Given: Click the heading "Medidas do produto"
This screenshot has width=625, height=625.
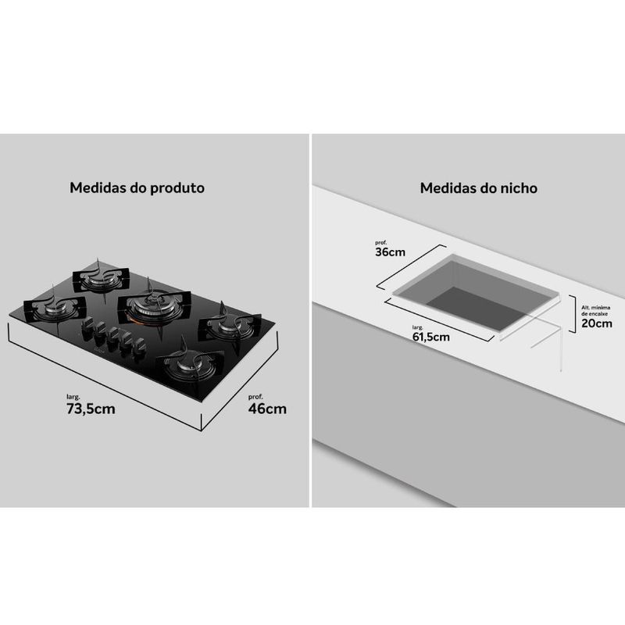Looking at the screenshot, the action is tap(137, 187).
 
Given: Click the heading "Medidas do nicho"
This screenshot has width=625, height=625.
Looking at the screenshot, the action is tap(479, 187).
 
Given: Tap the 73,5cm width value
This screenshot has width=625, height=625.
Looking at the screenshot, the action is tap(91, 409).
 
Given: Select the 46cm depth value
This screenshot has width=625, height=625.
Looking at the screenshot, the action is tap(267, 409).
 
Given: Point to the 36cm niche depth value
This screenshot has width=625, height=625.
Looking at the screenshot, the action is tap(390, 252).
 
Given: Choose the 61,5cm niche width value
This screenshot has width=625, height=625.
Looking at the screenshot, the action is tap(431, 337).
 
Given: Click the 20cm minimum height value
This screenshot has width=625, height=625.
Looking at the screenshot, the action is tap(597, 323).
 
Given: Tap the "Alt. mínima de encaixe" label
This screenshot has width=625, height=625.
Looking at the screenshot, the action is tap(595, 310).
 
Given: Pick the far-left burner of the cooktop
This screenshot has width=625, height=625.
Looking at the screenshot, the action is tap(55, 308).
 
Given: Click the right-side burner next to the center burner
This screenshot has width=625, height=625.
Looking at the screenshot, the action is tap(229, 324).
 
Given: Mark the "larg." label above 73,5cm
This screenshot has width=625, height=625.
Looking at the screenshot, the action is tap(73, 397).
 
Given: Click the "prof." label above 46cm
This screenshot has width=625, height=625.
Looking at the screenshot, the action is tap(255, 397).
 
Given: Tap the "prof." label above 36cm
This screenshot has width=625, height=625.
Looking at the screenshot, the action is tap(380, 243).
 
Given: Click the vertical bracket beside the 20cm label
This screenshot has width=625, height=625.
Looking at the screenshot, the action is tap(573, 314).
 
